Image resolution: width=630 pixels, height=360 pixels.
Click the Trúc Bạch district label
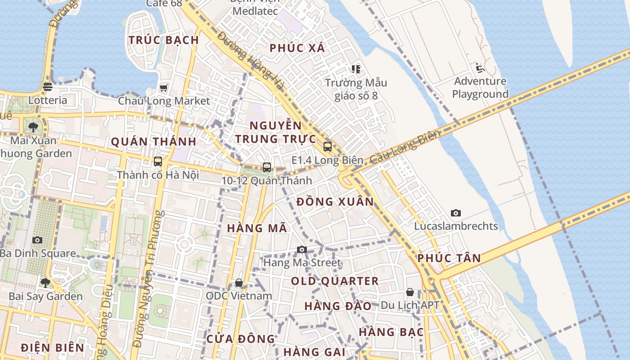pos(164,40)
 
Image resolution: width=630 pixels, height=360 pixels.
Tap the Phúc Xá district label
pos(297,48)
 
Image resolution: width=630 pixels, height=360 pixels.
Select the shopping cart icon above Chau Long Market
pos(163,88)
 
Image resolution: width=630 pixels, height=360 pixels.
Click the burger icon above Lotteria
pos(48,87)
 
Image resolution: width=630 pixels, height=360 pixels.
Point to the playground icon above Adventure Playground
pos(480,68)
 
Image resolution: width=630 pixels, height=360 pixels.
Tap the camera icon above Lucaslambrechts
pos(456,213)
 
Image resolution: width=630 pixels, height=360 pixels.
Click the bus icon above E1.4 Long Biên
pos(328,146)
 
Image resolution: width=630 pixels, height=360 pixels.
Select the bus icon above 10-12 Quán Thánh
pos(267,167)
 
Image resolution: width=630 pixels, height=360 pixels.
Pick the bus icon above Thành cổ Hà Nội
pos(158,162)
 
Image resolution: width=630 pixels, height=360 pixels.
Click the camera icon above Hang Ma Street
pos(302,249)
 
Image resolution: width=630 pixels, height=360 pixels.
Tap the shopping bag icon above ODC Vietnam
pos(239,283)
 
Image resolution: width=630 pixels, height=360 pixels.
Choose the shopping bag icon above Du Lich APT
pos(410,292)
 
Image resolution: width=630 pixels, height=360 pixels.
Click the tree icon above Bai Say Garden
pos(45,283)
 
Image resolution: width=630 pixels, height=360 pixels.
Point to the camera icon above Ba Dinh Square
pos(37,240)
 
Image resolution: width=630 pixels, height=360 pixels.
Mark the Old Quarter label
pos(335,281)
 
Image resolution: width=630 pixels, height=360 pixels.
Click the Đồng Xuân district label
pos(335,202)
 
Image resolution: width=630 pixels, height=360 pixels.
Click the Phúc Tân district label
pos(449,258)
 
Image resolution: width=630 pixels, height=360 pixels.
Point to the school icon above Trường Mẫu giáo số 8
pos(356,69)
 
